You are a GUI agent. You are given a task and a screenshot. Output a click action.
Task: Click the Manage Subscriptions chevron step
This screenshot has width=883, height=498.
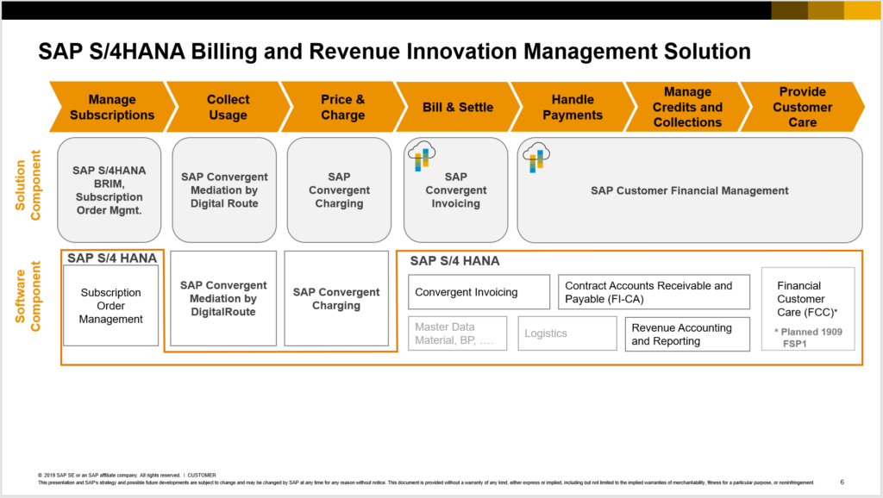coord(112,108)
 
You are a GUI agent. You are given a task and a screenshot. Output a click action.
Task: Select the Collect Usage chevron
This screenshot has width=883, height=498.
coord(228,108)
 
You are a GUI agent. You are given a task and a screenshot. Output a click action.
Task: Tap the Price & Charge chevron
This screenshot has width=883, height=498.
coord(342,108)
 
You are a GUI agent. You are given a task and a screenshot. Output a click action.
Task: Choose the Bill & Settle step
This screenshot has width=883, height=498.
coord(458,108)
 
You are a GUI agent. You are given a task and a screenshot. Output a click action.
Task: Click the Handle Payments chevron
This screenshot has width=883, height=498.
coord(573,108)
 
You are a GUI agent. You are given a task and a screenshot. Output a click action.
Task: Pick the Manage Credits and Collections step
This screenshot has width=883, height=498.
coord(687,108)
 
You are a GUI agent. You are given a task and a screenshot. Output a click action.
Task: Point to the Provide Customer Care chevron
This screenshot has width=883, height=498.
coord(802,108)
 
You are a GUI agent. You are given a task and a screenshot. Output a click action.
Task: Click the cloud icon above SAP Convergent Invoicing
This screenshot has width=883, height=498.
coord(421,156)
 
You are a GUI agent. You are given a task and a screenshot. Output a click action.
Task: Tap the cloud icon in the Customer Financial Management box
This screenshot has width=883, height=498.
coord(535,156)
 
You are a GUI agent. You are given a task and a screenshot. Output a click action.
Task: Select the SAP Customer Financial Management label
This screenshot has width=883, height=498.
coord(689,190)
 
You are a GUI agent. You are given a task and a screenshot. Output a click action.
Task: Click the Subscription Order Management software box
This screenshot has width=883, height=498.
coord(110,306)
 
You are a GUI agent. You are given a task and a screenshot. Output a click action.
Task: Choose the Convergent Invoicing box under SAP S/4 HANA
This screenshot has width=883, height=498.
coord(479,292)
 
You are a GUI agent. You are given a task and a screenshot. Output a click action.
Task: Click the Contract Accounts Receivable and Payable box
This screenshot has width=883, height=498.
coord(654,292)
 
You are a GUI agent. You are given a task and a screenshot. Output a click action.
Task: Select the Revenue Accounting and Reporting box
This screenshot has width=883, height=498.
coord(687,334)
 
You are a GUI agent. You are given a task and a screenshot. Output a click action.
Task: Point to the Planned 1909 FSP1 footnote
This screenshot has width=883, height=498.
coord(808,337)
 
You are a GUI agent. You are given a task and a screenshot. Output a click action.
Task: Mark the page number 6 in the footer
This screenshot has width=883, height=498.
coord(842,482)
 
